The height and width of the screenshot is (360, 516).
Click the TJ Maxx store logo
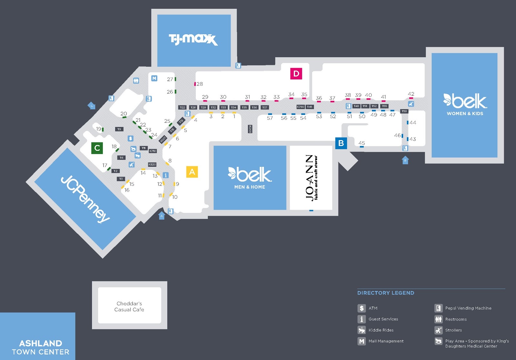193,39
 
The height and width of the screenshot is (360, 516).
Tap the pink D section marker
296,74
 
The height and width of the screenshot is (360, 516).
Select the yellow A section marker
192,172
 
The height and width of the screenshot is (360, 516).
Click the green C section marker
97,148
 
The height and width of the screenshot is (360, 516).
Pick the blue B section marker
341,143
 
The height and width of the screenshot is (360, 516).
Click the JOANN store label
311,178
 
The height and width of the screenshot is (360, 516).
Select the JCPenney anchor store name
85,199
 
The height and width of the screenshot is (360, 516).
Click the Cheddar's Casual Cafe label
129,306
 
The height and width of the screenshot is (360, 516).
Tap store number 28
200,84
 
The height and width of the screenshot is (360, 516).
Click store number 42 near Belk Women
411,94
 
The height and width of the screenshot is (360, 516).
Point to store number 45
362,143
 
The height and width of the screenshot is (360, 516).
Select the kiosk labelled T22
183,107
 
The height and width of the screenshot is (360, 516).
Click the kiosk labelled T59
404,111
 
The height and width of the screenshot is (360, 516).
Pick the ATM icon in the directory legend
362,308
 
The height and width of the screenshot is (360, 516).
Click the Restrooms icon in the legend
438,319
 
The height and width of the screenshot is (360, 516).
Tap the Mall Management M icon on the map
154,78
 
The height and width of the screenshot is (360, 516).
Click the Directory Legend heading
385,293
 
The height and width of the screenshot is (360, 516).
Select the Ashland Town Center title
41,347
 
